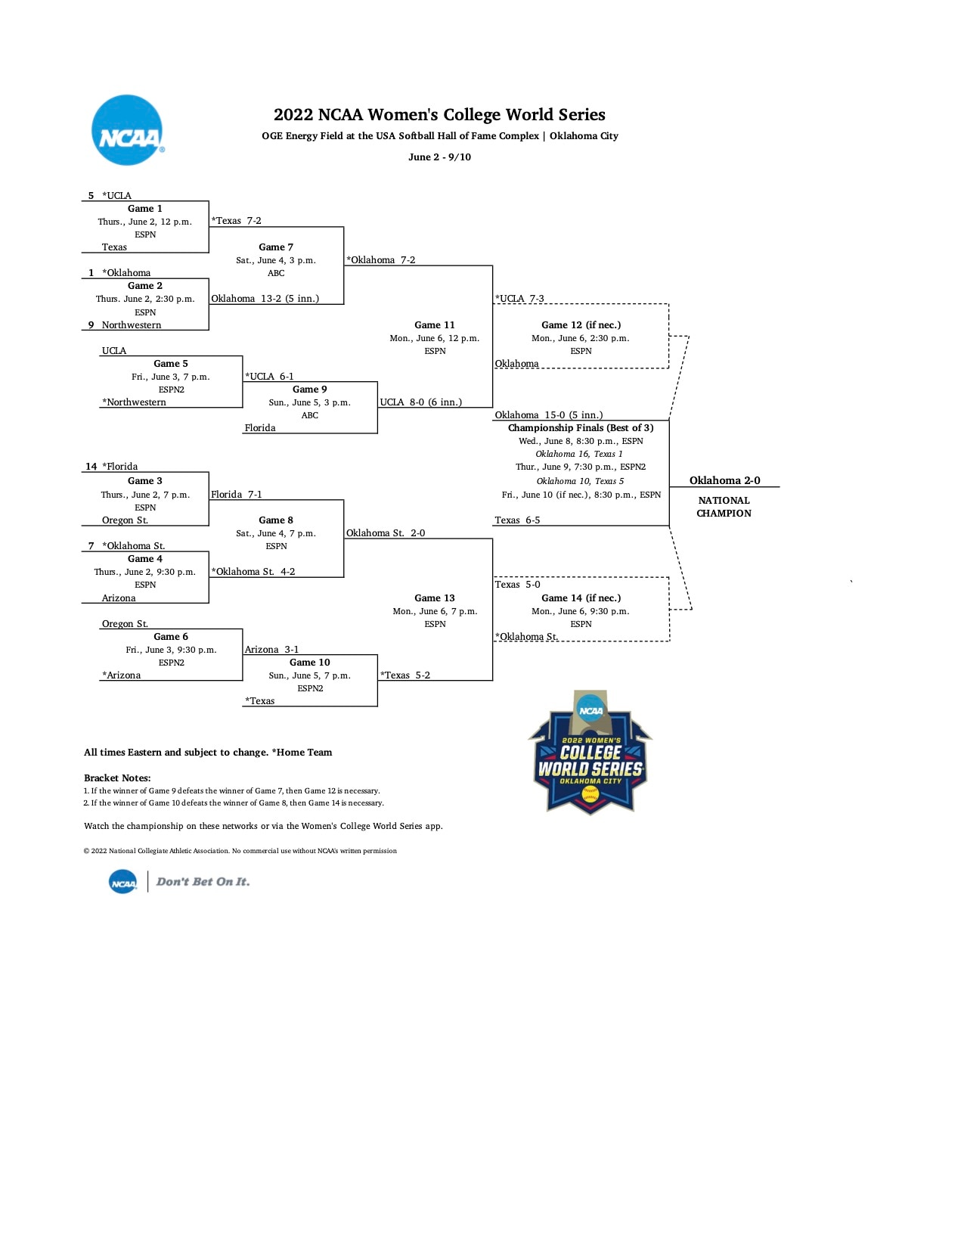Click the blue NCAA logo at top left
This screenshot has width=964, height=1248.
point(127,130)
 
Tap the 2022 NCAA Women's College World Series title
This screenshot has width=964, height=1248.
point(439,115)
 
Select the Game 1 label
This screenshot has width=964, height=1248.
point(144,209)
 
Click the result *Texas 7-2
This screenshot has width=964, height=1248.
point(237,221)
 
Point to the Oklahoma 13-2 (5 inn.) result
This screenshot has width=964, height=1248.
point(265,299)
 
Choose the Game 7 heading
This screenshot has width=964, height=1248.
point(276,247)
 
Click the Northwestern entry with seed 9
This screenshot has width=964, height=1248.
point(131,325)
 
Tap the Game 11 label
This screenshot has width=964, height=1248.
point(435,325)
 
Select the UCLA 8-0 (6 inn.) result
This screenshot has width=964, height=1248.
point(420,402)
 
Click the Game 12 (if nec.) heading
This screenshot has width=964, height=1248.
point(581,325)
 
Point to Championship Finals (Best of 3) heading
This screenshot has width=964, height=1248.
point(581,428)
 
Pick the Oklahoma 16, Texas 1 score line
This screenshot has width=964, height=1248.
point(579,454)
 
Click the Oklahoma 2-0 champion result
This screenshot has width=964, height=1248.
point(724,480)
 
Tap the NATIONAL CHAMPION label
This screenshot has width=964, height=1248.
point(724,507)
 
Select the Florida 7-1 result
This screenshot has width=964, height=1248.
point(237,495)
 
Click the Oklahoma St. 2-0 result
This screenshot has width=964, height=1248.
point(386,533)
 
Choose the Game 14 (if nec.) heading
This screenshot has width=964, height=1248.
point(581,598)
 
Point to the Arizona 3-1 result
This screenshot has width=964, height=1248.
point(271,650)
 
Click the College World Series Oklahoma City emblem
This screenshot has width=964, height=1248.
point(590,753)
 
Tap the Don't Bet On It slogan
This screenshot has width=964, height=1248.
point(203,882)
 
